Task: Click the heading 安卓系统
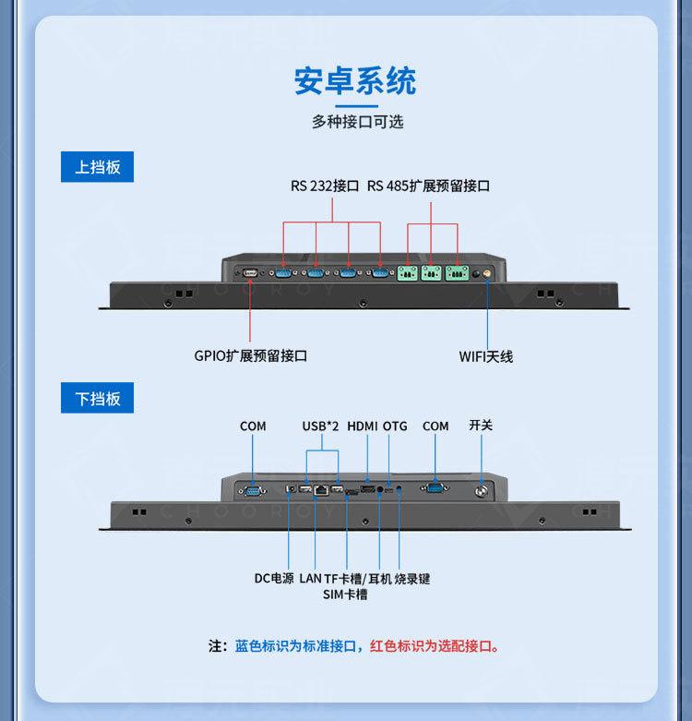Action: pyautogui.click(x=355, y=81)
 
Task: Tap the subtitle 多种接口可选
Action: pyautogui.click(x=357, y=121)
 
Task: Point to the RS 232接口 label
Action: pyautogui.click(x=324, y=186)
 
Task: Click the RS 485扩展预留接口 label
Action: pyautogui.click(x=428, y=186)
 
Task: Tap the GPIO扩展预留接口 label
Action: pyautogui.click(x=250, y=355)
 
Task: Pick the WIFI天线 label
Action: pyautogui.click(x=486, y=356)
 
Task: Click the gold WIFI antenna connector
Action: pyautogui.click(x=477, y=273)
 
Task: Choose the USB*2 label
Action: pyautogui.click(x=321, y=426)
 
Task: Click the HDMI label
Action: pyautogui.click(x=363, y=426)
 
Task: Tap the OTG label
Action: pyautogui.click(x=395, y=426)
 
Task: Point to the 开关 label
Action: pyautogui.click(x=481, y=425)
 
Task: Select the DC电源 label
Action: pyautogui.click(x=274, y=579)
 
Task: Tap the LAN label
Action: pyautogui.click(x=310, y=579)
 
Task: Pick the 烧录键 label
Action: pyautogui.click(x=412, y=579)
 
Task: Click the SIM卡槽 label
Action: pyautogui.click(x=345, y=595)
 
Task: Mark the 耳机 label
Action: pyautogui.click(x=378, y=579)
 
